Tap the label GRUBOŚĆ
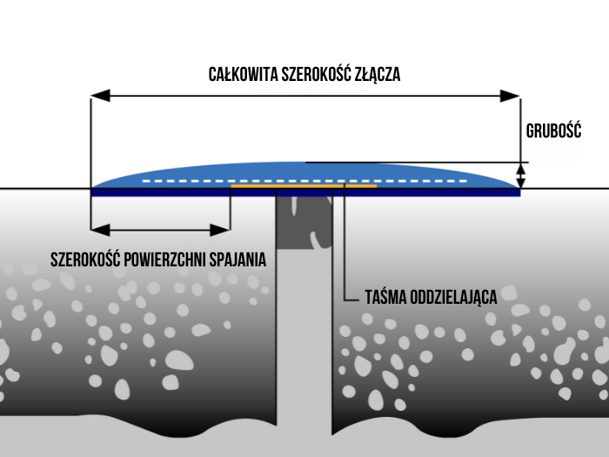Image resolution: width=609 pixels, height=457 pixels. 553,131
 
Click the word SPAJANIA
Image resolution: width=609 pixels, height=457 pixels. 239,259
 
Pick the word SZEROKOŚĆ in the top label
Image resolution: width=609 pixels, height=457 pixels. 316,74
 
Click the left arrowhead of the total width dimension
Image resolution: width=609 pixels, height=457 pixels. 98,94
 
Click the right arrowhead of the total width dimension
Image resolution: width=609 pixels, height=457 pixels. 513,94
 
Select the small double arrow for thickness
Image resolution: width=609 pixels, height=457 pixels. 521,175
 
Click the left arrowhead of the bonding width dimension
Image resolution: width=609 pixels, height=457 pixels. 97,230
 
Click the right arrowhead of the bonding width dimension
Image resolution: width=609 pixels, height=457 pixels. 224,230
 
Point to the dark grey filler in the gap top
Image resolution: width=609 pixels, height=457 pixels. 304,218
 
